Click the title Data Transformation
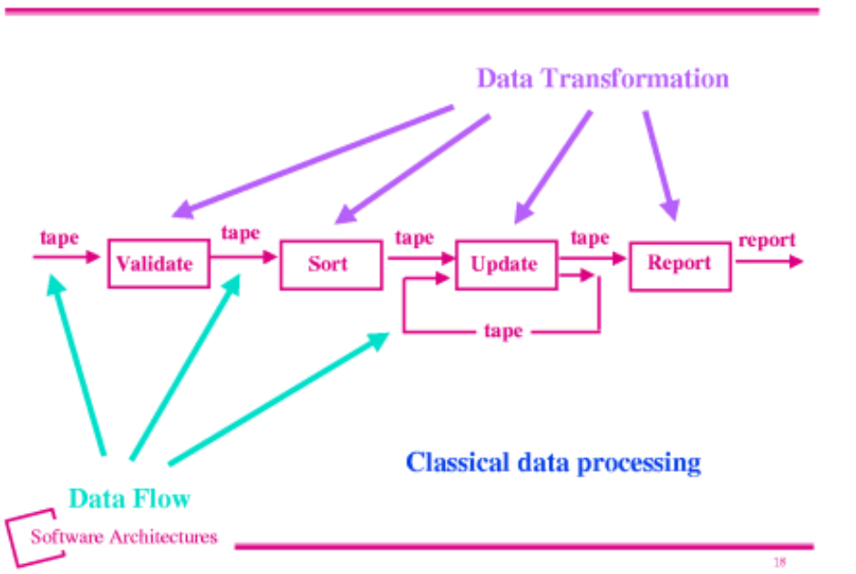click(x=603, y=78)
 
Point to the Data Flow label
click(x=129, y=498)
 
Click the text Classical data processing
click(x=553, y=463)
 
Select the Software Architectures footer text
click(x=124, y=537)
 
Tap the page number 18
click(x=779, y=561)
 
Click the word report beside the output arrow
click(x=767, y=240)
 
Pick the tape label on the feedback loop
click(x=503, y=331)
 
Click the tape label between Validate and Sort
click(x=240, y=233)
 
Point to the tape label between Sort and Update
click(x=415, y=238)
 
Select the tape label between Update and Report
click(x=590, y=238)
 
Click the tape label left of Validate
click(x=59, y=238)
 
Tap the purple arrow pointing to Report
click(x=661, y=165)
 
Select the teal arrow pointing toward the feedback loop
click(x=279, y=399)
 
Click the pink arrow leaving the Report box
click(x=769, y=261)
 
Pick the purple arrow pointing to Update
click(x=553, y=167)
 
